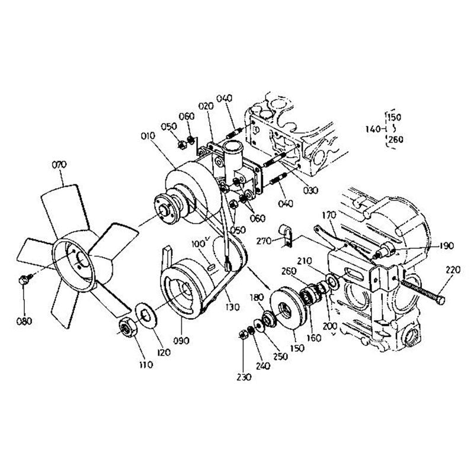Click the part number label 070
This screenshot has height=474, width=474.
59,165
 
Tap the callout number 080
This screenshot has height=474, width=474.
24,321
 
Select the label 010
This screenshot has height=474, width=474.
148,136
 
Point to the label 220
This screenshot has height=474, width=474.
452,270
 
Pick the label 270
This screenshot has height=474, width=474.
264,241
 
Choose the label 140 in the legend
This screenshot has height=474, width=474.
373,129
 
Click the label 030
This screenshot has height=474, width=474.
311,190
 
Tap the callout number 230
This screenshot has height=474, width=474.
244,377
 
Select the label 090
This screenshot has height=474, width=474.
182,341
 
